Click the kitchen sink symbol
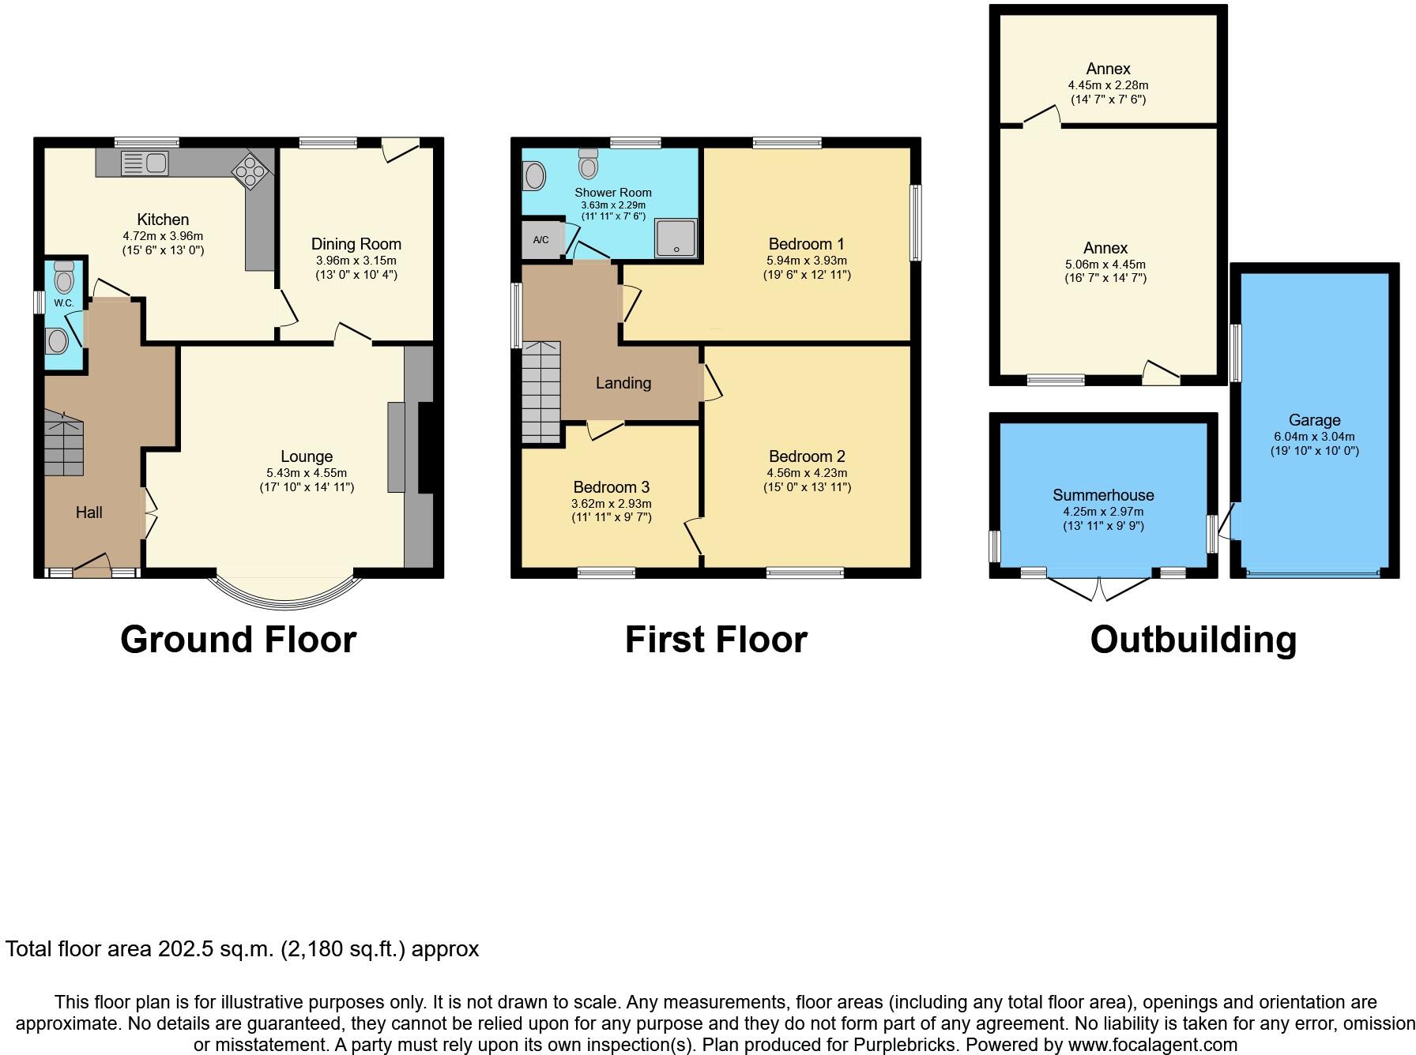(145, 163)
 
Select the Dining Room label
(356, 244)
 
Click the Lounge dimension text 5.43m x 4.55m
(307, 473)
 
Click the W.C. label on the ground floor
(63, 303)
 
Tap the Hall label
(88, 512)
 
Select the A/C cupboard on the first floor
(541, 240)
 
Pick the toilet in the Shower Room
(588, 164)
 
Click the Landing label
(623, 383)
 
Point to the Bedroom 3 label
(611, 487)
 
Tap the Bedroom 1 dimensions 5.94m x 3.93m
(806, 261)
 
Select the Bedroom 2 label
(806, 456)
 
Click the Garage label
(1314, 420)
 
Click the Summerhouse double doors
(1099, 588)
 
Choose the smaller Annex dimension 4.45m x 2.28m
(1108, 85)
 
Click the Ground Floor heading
(238, 639)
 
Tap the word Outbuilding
(1193, 639)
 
